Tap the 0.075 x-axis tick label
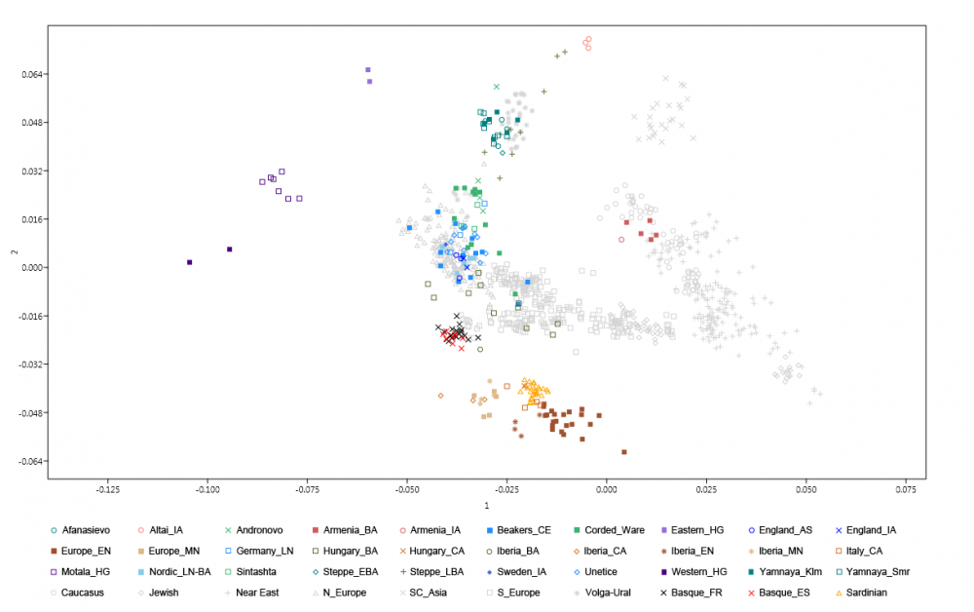906,489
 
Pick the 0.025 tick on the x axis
706,489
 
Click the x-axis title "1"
486,507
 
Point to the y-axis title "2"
13,253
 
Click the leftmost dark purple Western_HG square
190,262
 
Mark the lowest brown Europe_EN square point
624,451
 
